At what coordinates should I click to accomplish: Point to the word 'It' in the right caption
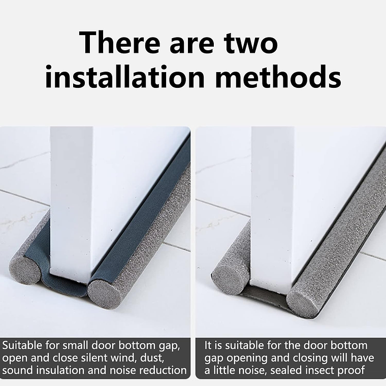click(209, 346)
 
